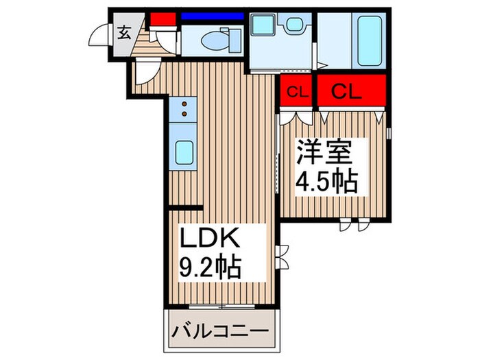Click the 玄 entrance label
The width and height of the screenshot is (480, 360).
[x=124, y=32]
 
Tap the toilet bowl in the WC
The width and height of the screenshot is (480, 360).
[x=215, y=40]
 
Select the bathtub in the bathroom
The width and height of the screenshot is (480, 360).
[x=370, y=40]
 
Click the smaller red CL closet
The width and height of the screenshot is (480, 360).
[x=296, y=91]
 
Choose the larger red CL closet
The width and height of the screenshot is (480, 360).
[x=351, y=91]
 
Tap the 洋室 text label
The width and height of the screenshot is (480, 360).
[x=324, y=152]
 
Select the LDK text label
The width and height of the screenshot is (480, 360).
[x=210, y=237]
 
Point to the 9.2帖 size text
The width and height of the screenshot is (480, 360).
[x=211, y=267]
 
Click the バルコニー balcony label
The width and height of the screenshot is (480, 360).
[x=220, y=332]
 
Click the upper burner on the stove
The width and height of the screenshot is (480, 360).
[x=184, y=104]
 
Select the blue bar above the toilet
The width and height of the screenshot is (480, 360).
[x=212, y=16]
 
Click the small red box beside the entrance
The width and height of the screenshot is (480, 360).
[x=163, y=19]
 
